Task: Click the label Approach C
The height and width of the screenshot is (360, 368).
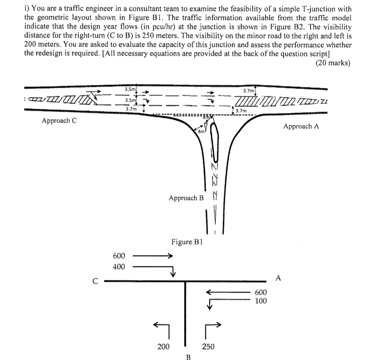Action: coord(59,121)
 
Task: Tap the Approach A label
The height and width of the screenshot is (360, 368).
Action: coord(301,126)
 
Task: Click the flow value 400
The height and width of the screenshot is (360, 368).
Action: coord(119,267)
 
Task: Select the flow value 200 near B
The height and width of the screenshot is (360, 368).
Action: coord(164,346)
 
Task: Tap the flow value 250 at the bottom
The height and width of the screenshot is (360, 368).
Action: coord(208,346)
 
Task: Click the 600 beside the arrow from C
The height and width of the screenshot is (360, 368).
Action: coord(119,256)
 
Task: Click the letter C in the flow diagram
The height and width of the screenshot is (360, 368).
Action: coord(95,281)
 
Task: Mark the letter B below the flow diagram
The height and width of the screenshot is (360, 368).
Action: coord(187,357)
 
